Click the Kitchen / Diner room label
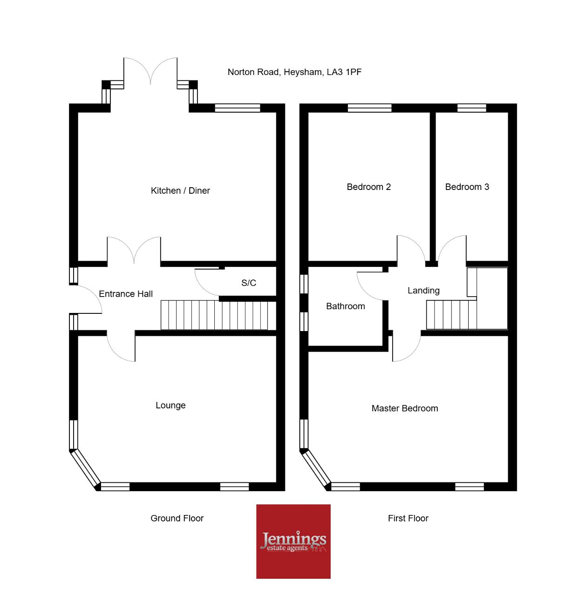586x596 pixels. pyautogui.click(x=180, y=190)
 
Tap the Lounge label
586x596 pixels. pyautogui.click(x=170, y=405)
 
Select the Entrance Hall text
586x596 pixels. pyautogui.click(x=126, y=294)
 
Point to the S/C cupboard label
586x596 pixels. pyautogui.click(x=249, y=283)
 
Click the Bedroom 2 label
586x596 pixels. pyautogui.click(x=368, y=187)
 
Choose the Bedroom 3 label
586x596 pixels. pyautogui.click(x=467, y=187)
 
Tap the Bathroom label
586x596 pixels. pyautogui.click(x=346, y=306)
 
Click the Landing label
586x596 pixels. pyautogui.click(x=423, y=291)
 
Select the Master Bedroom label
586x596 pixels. pyautogui.click(x=405, y=408)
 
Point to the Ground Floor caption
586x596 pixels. pyautogui.click(x=177, y=518)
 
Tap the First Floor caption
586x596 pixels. pyautogui.click(x=408, y=518)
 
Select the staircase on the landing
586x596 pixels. pyautogui.click(x=451, y=315)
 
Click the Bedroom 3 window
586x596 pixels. pyautogui.click(x=471, y=108)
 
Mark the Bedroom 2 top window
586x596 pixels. pyautogui.click(x=369, y=108)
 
